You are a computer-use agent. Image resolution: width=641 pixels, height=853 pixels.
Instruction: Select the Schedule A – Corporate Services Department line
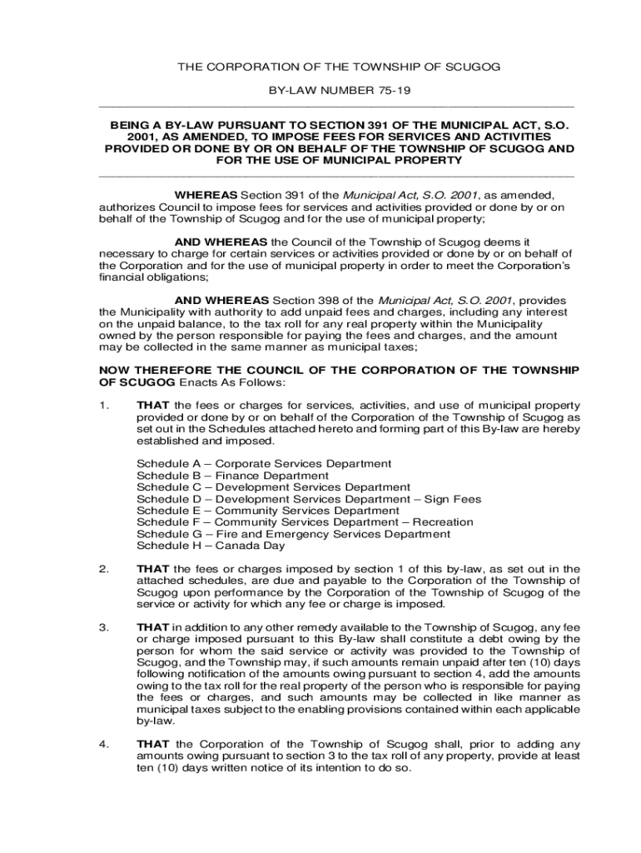(x=263, y=464)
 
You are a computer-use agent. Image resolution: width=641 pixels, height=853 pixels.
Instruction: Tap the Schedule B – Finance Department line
(x=232, y=476)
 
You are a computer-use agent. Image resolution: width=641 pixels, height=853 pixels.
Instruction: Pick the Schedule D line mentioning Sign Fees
(x=308, y=499)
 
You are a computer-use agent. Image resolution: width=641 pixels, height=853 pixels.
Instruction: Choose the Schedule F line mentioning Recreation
(x=305, y=522)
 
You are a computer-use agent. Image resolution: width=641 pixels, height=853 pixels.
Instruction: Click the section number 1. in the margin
(x=103, y=405)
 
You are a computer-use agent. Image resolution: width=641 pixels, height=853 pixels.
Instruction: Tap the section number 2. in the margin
(x=103, y=570)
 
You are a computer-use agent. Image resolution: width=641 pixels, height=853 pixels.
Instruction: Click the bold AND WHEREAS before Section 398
(x=221, y=300)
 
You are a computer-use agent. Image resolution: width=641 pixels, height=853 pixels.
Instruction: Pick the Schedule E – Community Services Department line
(x=267, y=511)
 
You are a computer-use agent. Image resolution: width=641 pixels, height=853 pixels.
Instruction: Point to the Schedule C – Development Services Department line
(x=273, y=487)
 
